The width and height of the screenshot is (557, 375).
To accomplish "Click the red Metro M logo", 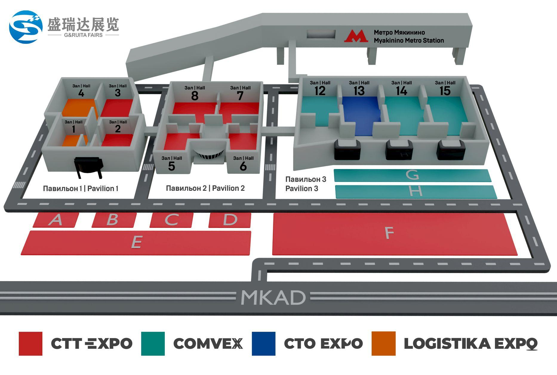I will (x=356, y=36).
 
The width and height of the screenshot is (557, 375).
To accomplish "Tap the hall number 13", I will (x=359, y=91).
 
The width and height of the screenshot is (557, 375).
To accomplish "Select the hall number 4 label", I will (x=81, y=93).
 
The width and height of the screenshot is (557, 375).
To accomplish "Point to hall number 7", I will (x=240, y=96).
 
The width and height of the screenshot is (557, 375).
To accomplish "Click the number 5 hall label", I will (x=171, y=166).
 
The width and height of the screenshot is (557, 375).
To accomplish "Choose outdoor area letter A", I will (x=56, y=220).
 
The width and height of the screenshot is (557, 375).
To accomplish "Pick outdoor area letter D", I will (x=230, y=220).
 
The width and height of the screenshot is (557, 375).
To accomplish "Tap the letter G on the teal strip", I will (x=413, y=175).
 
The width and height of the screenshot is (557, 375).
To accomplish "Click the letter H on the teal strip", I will (x=416, y=191).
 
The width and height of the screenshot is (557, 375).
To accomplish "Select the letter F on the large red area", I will (x=389, y=233).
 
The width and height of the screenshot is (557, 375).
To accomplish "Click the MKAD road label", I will (x=273, y=297).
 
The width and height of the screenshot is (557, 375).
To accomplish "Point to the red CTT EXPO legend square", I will (x=30, y=343).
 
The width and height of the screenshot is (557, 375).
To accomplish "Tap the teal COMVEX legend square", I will (x=153, y=343).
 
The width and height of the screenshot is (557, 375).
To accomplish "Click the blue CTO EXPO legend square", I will (x=264, y=343).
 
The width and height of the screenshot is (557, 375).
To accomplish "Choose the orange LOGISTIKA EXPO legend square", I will (x=384, y=343).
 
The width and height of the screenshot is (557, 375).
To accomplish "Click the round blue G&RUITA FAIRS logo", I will (x=26, y=27).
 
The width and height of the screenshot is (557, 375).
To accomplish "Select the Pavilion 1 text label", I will (x=81, y=188).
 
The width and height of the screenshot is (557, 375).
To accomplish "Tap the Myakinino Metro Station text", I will (x=409, y=40).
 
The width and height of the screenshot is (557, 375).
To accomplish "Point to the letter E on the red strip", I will (x=136, y=242).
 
